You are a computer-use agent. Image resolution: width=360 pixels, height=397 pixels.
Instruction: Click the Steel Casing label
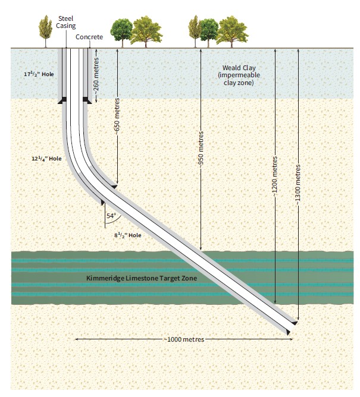coord(65,22)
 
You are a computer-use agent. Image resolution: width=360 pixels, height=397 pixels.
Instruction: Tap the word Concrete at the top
coord(89,37)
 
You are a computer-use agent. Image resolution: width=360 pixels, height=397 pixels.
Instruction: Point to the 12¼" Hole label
coord(46,159)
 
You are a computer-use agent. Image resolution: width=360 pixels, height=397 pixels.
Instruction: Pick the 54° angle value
coord(111,216)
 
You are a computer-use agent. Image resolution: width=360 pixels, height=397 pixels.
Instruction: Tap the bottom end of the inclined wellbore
coord(290,327)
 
